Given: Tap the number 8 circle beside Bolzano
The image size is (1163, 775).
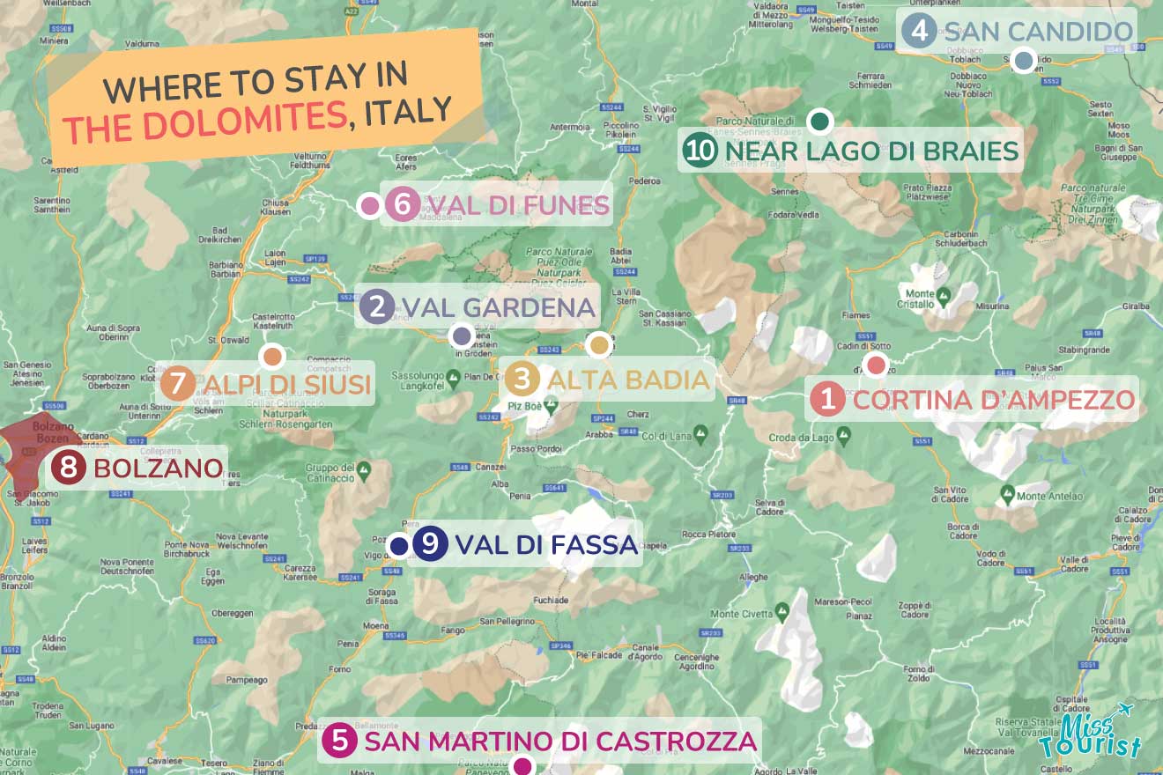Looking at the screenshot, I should tap(68, 468).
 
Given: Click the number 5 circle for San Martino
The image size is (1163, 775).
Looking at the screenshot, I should tap(340, 741).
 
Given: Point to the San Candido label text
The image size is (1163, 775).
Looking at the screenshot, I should tap(1037, 33).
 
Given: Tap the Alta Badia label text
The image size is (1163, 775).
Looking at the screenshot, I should tap(627, 380).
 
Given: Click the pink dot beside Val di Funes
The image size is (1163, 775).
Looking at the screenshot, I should tap(369, 206).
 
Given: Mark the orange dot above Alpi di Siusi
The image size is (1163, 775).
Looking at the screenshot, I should tap(272, 357).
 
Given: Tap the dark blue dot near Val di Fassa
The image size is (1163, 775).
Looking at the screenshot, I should tap(398, 546).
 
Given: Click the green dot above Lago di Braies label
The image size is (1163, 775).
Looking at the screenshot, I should tap(820, 121).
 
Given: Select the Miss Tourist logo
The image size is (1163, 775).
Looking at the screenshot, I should tap(1089, 735).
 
